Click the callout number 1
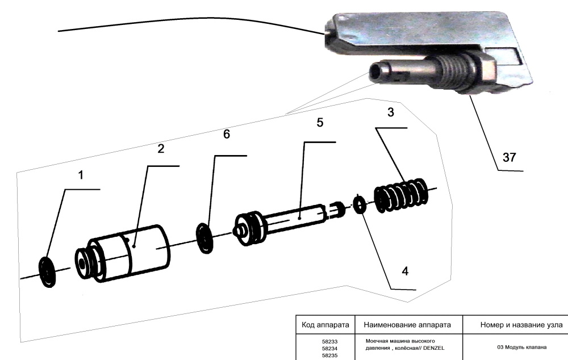point(81,175)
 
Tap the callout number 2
point(161,149)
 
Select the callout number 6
point(227,134)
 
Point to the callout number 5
point(319,123)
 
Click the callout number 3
point(391,112)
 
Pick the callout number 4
point(405,271)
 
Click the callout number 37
point(509,157)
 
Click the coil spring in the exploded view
point(401,195)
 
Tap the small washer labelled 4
point(359,204)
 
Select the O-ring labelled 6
point(204,238)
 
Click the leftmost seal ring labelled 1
point(47,272)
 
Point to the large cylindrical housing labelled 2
point(123,253)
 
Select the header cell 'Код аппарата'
point(325,325)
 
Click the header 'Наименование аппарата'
point(407,325)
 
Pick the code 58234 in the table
point(329,349)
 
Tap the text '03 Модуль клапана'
point(521,348)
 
